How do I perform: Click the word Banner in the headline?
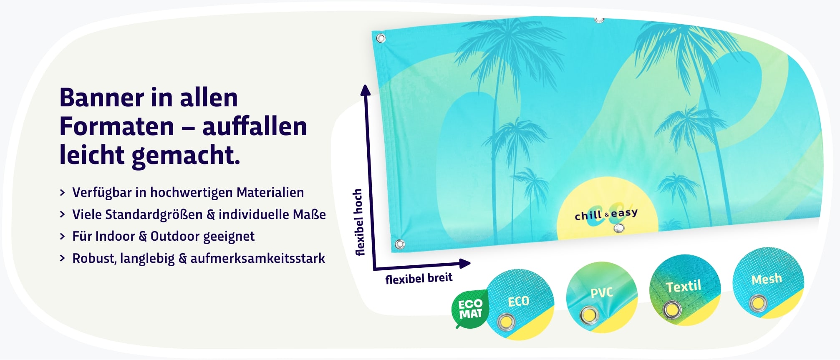point(102,98)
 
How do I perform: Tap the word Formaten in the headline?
point(117,126)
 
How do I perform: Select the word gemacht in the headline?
point(185,155)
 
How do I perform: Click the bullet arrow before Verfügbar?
point(63,192)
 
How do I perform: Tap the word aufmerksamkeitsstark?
point(257,258)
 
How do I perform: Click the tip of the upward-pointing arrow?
point(366,85)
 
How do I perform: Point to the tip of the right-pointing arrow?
point(471,263)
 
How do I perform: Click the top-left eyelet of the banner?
point(381,38)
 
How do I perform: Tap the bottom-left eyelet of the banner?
point(400,244)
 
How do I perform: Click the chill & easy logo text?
point(606,214)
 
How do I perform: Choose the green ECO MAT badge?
point(470,309)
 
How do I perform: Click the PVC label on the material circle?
point(601,293)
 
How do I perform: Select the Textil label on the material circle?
point(683,287)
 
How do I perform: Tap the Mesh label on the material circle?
point(767,279)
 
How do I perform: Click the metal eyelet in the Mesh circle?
point(758,303)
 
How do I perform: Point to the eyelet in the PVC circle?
point(589,315)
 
